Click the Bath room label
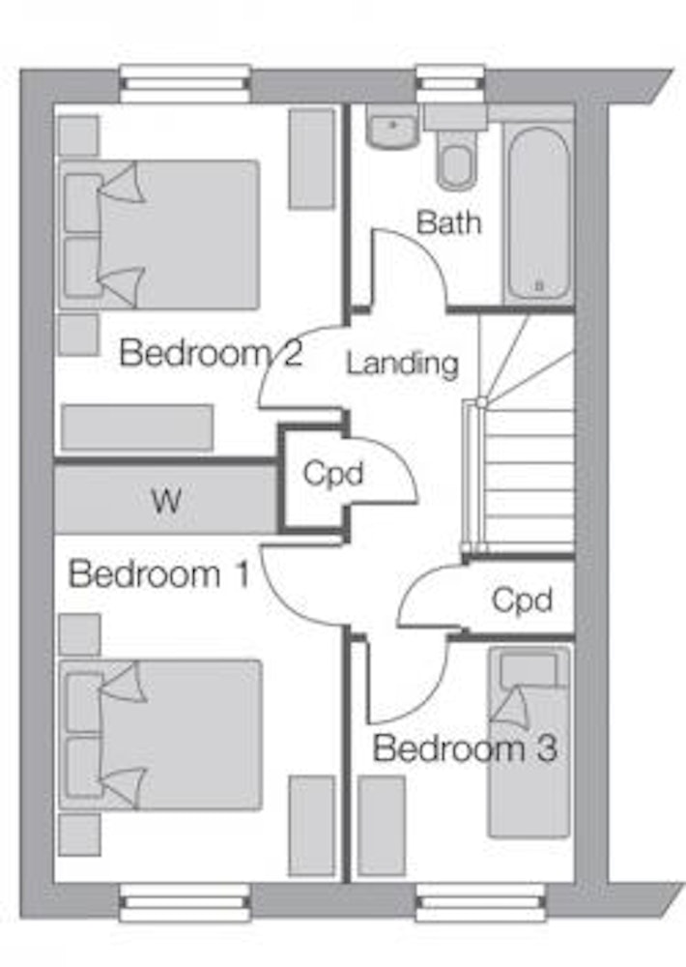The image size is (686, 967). point(448,222)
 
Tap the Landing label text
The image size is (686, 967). point(403,364)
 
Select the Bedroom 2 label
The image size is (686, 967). point(211,353)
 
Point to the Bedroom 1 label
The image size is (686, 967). point(159,574)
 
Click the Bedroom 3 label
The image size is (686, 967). point(465,748)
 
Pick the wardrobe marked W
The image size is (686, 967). point(165,499)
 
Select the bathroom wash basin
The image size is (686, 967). point(392,127)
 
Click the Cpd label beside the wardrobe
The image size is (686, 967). point(333,474)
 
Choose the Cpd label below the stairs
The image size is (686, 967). point(522,600)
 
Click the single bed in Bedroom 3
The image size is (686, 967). point(529,742)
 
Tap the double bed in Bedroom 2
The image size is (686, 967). point(159,235)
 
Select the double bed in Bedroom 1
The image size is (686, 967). point(160,735)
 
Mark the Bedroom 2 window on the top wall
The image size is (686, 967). point(185,83)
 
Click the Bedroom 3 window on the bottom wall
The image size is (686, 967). point(481,903)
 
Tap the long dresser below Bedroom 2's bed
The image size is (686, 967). point(137,427)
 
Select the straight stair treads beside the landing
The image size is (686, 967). point(529,478)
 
